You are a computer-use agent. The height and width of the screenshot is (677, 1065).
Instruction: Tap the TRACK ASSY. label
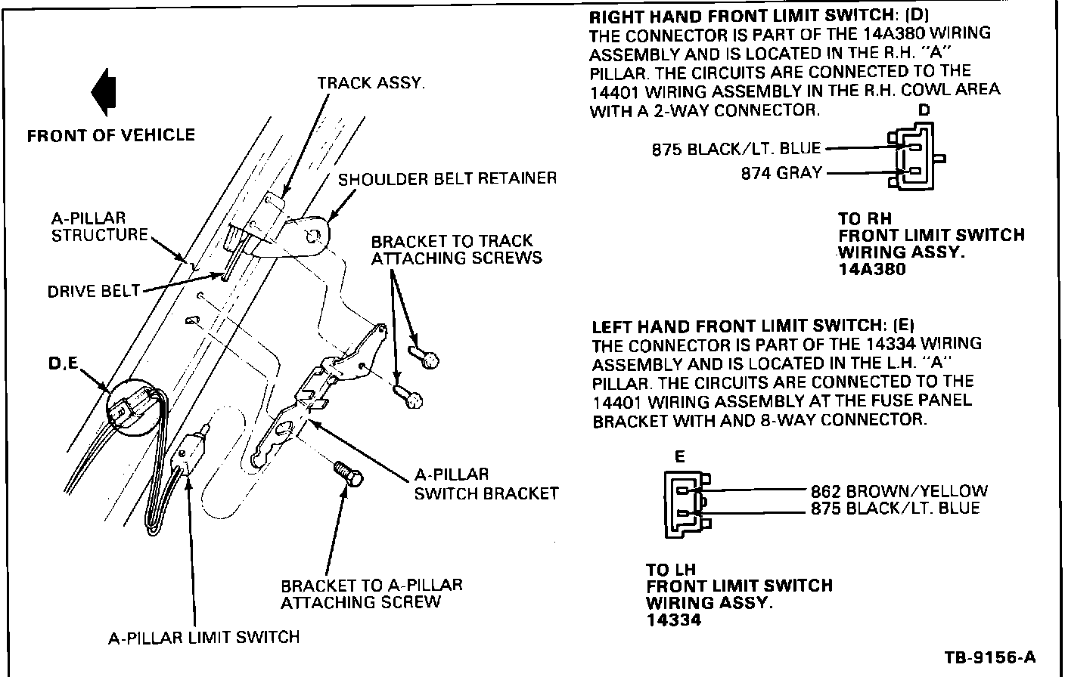371,83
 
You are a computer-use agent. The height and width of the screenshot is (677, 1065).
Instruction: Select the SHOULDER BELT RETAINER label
447,179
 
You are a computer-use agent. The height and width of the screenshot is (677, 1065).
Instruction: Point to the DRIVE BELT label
94,291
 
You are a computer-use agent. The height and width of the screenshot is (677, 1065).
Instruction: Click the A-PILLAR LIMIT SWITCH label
203,638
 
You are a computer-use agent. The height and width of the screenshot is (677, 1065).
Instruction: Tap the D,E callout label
63,364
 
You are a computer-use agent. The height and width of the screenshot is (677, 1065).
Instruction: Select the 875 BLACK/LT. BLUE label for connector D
736,150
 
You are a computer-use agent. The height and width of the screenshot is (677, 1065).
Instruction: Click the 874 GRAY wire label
781,173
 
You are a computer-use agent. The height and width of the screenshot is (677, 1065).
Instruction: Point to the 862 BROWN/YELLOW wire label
899,491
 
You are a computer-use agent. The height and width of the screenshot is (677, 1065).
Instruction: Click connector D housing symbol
914,159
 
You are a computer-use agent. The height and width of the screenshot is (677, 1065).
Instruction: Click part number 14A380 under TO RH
871,269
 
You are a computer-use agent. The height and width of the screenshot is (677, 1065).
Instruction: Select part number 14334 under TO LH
673,620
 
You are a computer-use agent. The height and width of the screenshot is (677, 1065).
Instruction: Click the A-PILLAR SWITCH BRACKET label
486,484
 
